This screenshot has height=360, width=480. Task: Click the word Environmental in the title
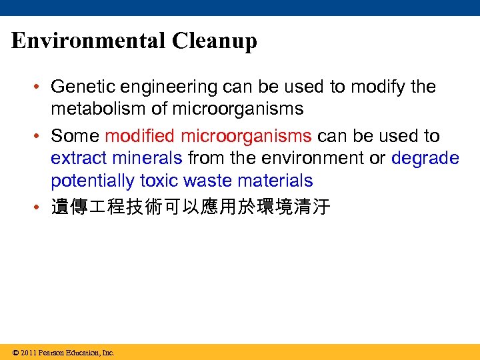(x=88, y=41)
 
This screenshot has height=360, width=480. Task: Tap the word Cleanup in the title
(x=214, y=41)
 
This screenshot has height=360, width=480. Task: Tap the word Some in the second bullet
(x=75, y=136)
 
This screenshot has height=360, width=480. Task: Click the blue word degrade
(x=425, y=159)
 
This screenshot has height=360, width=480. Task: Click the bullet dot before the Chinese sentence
(x=41, y=207)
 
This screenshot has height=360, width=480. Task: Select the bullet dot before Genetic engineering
(x=41, y=87)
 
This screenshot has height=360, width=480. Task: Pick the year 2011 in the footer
(x=28, y=353)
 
